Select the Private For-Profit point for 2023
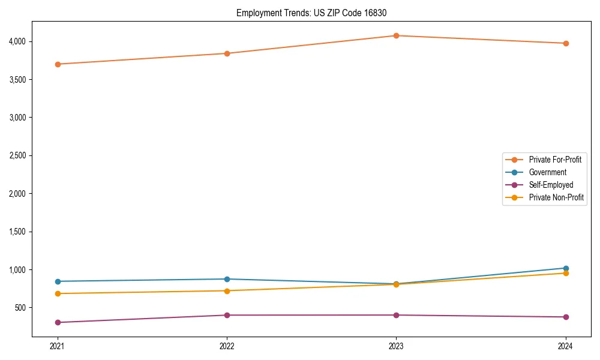click(396, 35)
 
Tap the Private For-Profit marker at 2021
click(58, 64)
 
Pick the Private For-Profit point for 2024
click(566, 43)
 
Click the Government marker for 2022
click(227, 279)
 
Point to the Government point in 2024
click(566, 268)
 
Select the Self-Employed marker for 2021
click(58, 322)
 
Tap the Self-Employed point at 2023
click(396, 315)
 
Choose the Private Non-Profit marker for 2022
click(227, 291)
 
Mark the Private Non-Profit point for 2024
click(566, 273)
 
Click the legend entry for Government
click(547, 172)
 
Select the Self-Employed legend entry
click(551, 185)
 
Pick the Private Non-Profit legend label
click(556, 197)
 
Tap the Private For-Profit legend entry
click(555, 160)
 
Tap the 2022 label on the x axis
click(227, 346)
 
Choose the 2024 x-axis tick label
click(566, 346)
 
